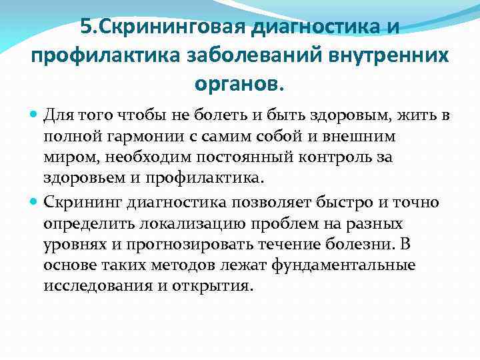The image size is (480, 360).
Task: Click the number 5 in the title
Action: tap(85, 28)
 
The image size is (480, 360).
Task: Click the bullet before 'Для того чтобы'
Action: tap(34, 116)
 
